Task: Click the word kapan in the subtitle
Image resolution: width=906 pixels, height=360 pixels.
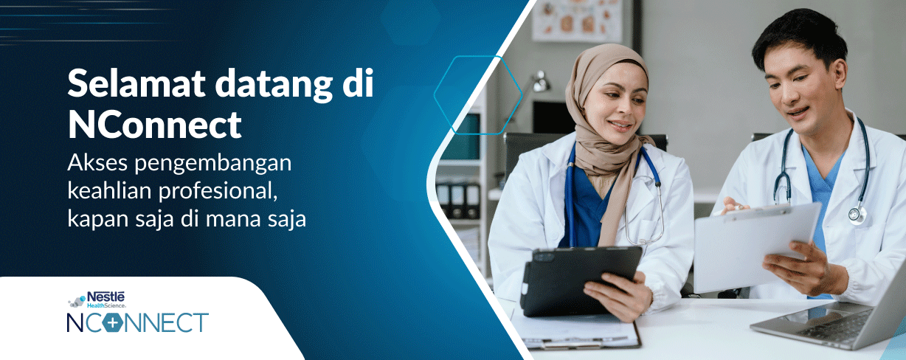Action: [x=94, y=221]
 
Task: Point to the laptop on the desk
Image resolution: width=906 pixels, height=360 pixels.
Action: [x=834, y=318]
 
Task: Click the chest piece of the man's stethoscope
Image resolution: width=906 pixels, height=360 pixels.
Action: [x=856, y=213]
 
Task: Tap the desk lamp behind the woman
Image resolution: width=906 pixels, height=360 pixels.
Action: [x=540, y=80]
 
